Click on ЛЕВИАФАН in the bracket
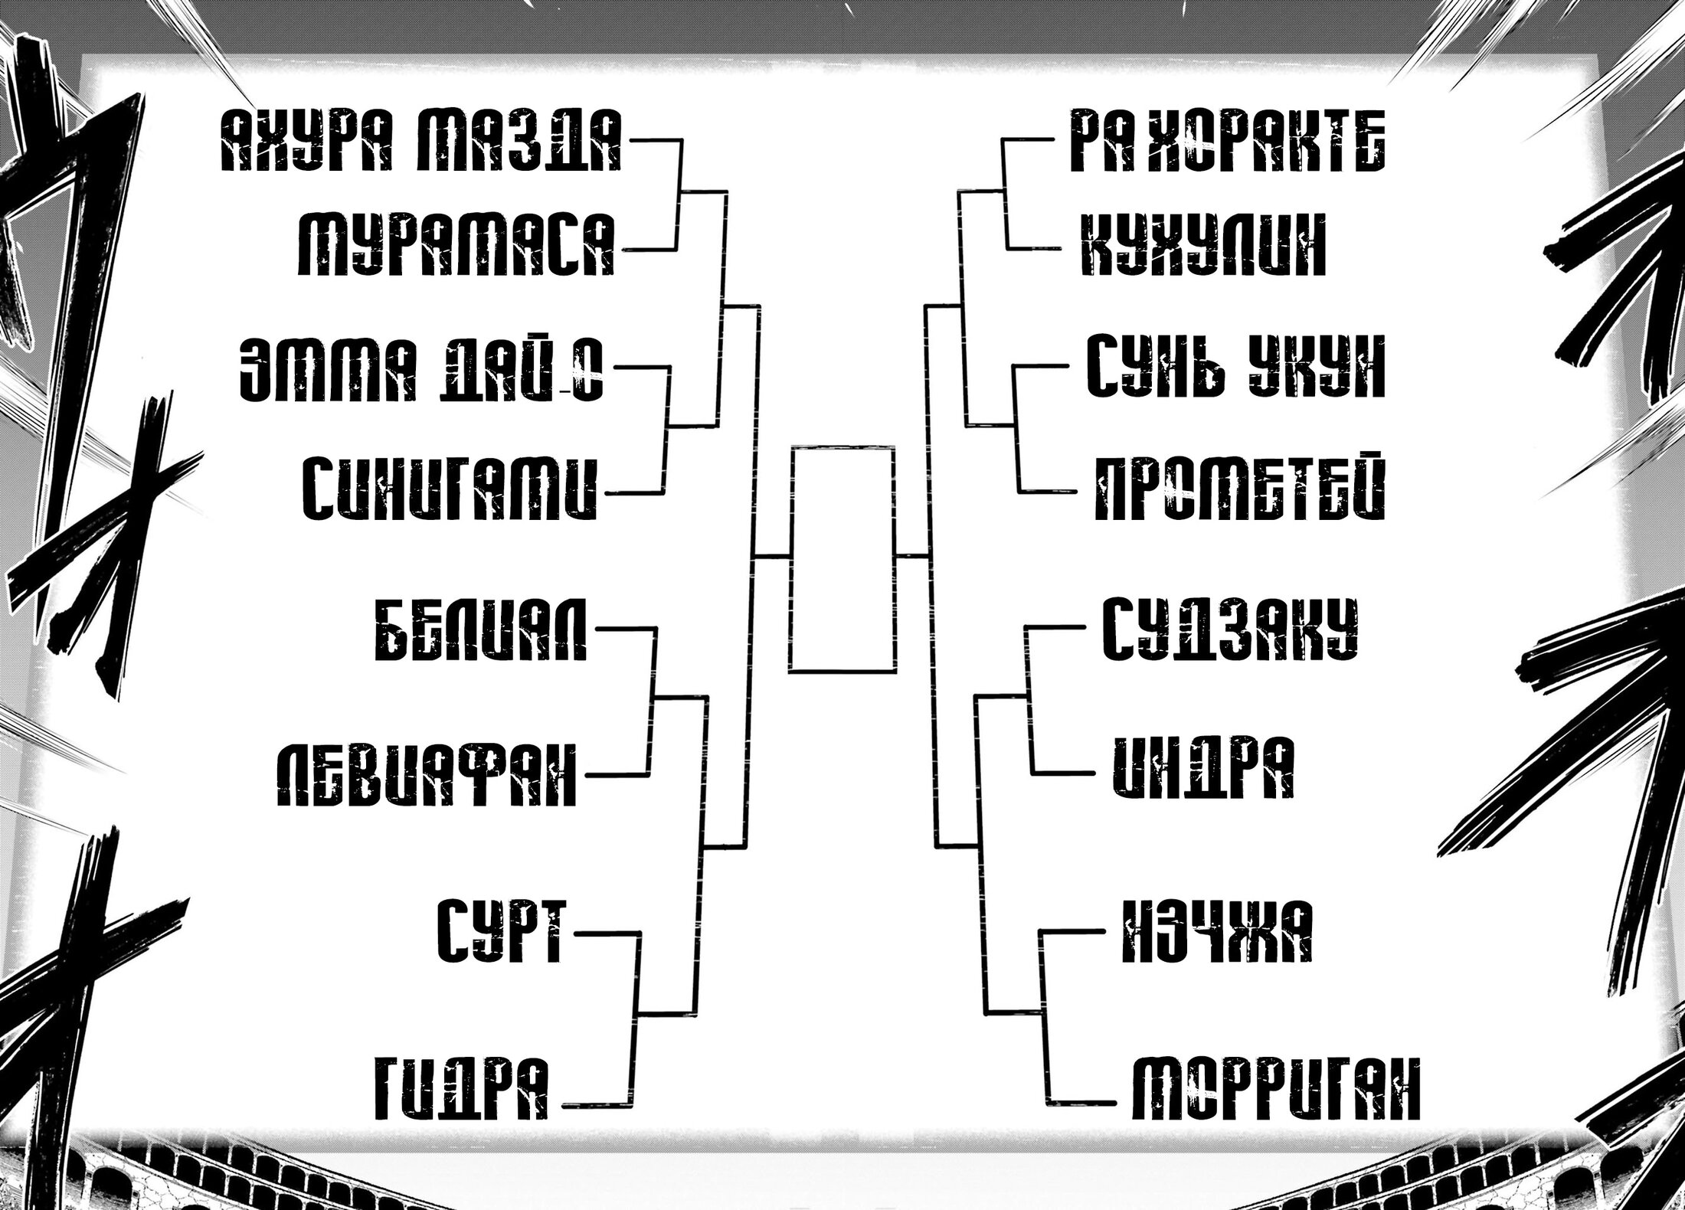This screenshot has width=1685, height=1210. pos(425,774)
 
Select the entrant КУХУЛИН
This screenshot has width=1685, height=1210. pos(1202,244)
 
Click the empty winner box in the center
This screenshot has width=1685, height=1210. pos(842,559)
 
